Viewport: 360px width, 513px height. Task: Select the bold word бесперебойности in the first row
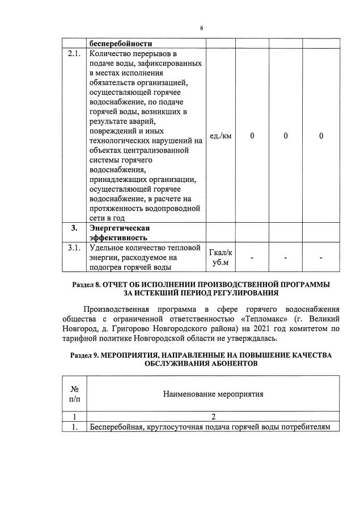pyautogui.click(x=121, y=43)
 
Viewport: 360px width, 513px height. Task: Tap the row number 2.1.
pyautogui.click(x=74, y=54)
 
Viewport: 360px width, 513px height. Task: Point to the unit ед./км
pyautogui.click(x=221, y=136)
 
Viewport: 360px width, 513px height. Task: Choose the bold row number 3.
pyautogui.click(x=74, y=228)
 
